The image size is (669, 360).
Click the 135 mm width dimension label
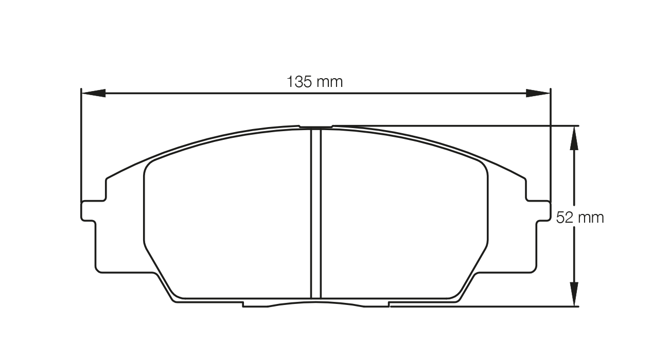[x=314, y=82]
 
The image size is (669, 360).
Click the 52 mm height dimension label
[x=580, y=218]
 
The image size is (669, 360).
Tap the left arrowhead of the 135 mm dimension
[x=94, y=93]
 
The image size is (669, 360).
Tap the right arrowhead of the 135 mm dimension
[x=538, y=93]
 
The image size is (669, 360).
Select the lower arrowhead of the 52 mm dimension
[x=574, y=294]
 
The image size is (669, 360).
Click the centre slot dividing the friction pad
[x=316, y=213]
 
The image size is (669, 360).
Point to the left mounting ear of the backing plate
[x=89, y=210]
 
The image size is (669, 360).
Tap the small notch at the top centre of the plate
[x=316, y=127]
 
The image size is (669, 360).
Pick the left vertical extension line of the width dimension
[x=81, y=144]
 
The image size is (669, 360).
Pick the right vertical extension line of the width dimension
[x=551, y=144]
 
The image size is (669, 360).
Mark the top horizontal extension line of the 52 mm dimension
[x=463, y=125]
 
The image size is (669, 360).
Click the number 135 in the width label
[x=299, y=82]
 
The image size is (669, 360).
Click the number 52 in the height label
[x=565, y=218]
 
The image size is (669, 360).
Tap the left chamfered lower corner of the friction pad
[x=160, y=273]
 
